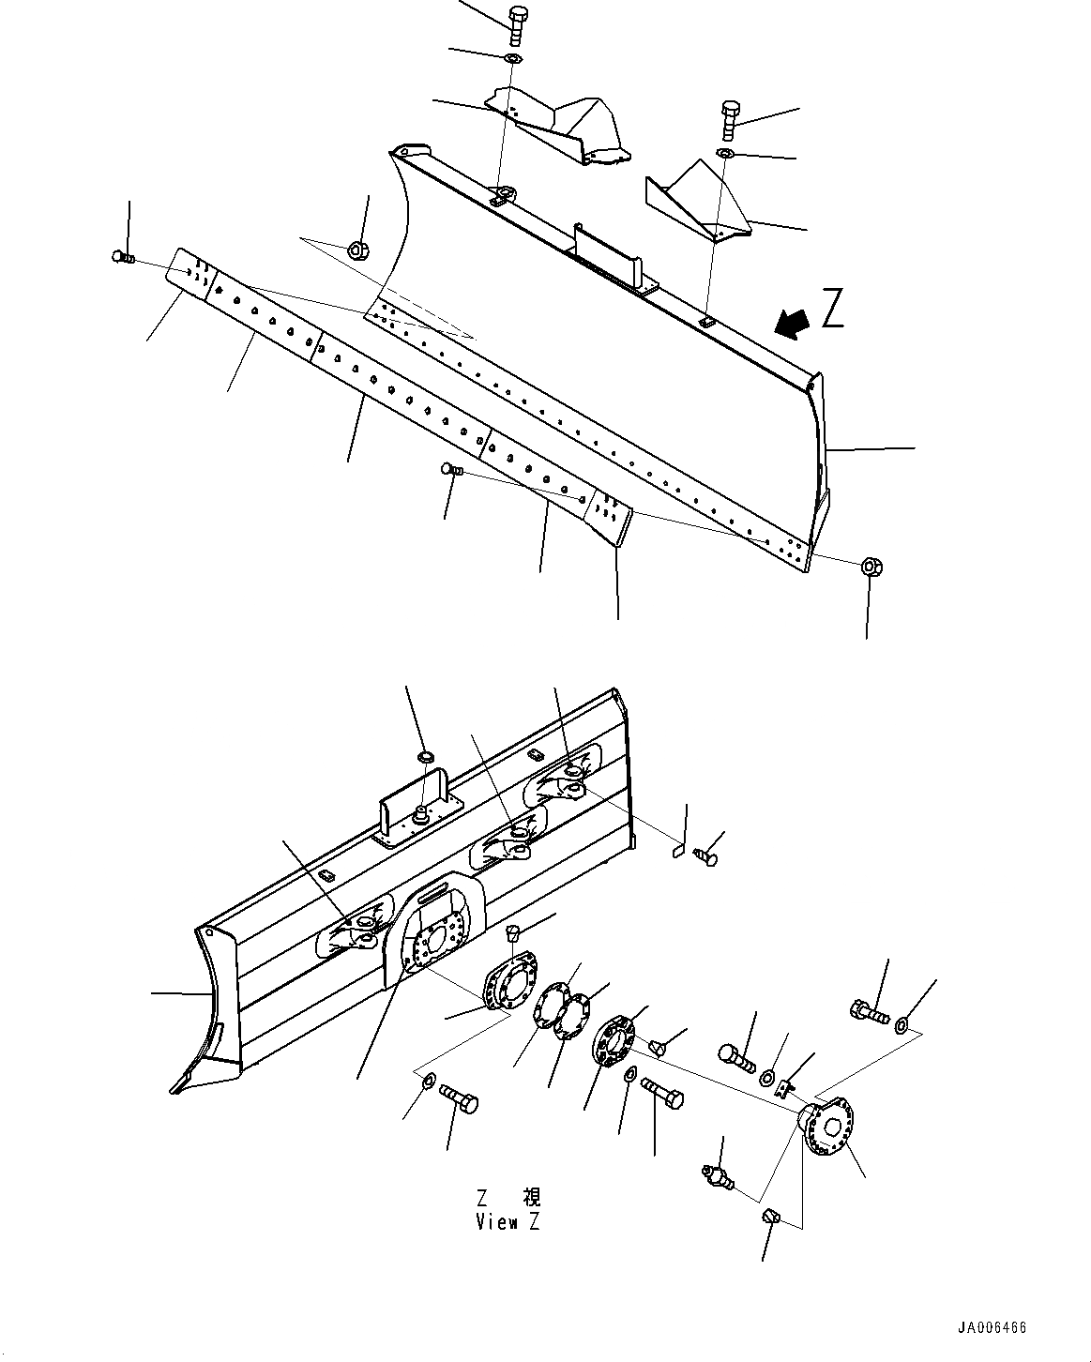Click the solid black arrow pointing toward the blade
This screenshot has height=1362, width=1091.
point(790,323)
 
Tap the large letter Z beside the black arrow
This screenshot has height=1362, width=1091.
point(832,310)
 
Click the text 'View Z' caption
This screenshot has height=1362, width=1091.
point(507,1222)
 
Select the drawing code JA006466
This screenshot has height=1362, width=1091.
point(992,1328)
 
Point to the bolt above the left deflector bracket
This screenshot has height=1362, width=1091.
point(516,23)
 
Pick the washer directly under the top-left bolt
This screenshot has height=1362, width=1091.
point(512,59)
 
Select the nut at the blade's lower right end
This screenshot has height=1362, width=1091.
point(872,567)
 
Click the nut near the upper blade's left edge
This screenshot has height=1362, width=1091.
point(357,250)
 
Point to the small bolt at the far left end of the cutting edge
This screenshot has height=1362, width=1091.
point(122,256)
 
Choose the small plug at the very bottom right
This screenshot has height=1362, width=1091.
point(771,1218)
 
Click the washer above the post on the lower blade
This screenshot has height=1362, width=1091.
point(424,756)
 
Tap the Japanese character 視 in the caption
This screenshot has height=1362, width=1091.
point(532,1198)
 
